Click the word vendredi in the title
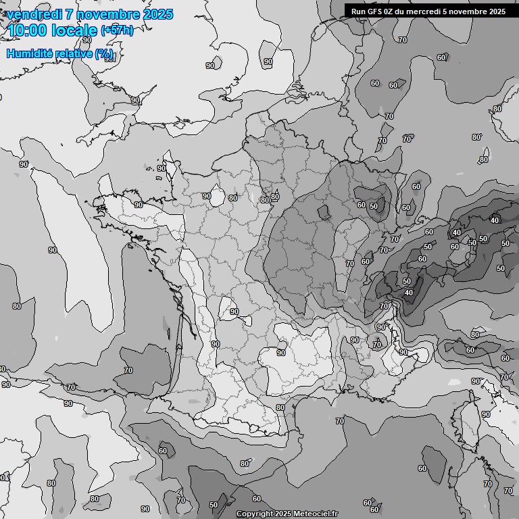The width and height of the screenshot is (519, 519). click(33, 14)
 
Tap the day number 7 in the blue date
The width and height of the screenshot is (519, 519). click(70, 14)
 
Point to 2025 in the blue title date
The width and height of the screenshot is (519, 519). click(157, 14)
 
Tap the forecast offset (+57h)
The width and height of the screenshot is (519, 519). click(117, 30)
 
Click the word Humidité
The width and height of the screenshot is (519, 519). click(28, 53)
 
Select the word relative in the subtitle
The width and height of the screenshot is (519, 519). click(71, 53)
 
